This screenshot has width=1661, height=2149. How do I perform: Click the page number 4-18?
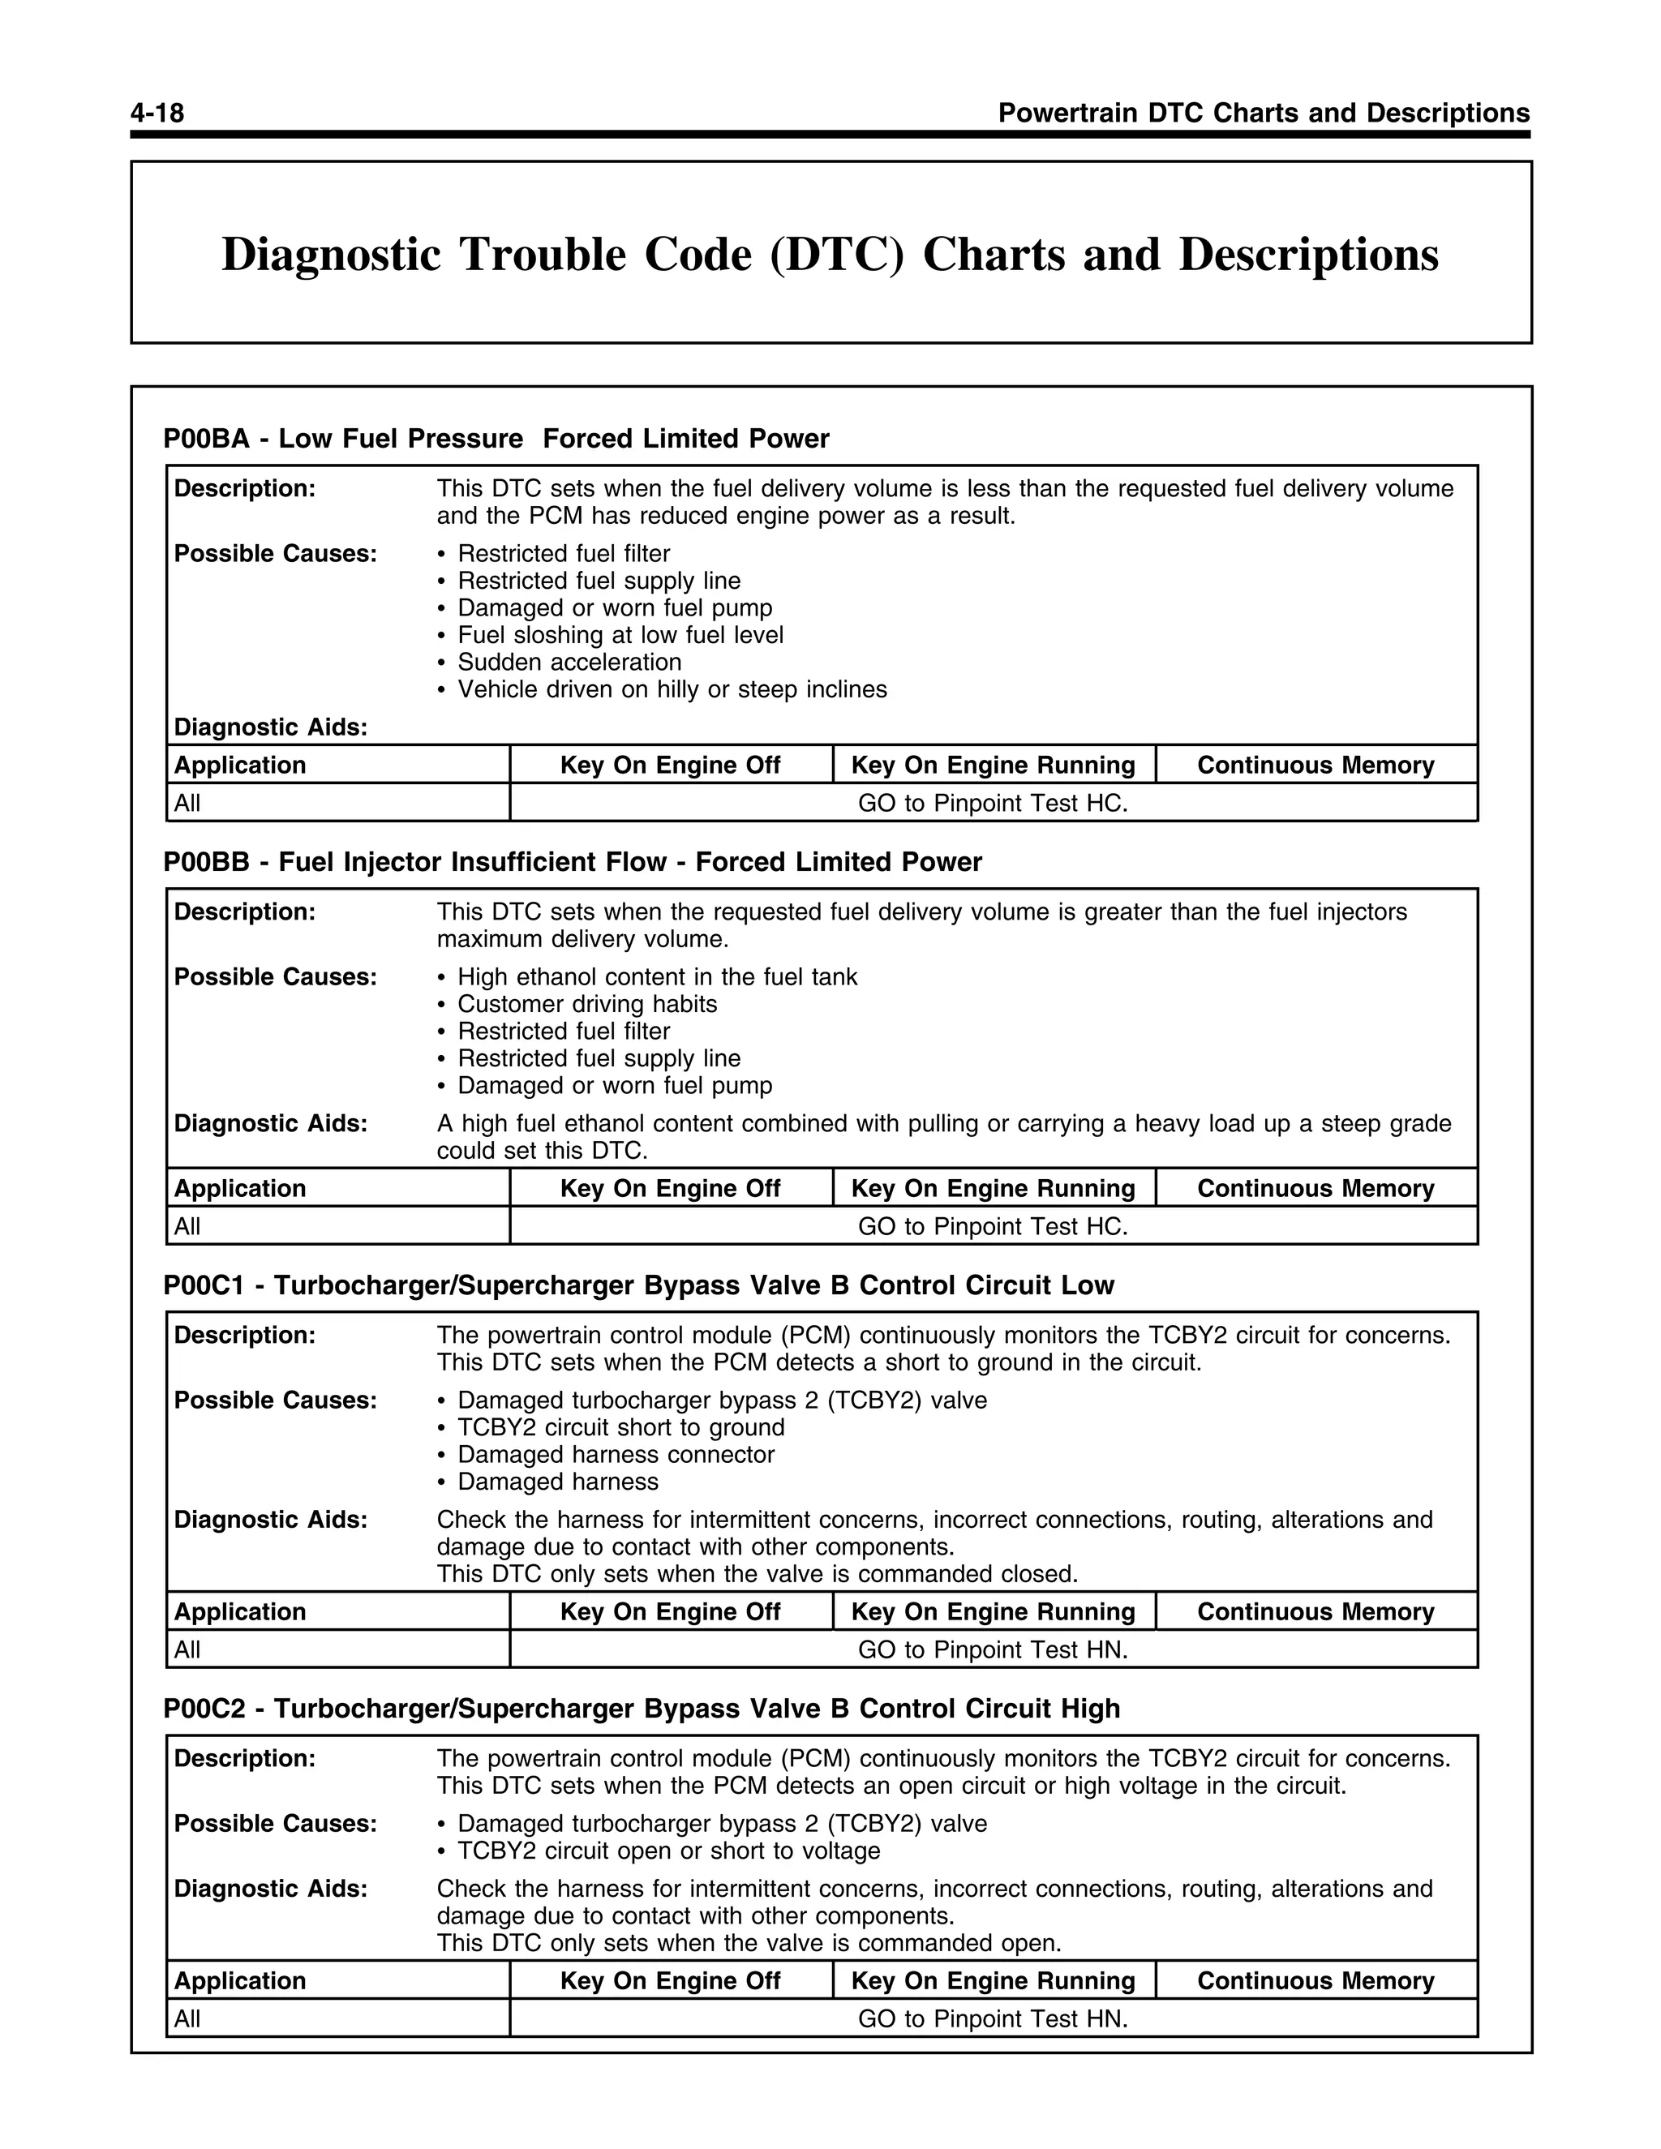(x=157, y=114)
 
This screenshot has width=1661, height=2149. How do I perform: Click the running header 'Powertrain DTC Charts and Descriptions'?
(x=1264, y=114)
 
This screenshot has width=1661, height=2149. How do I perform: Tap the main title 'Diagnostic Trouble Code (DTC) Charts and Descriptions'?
(x=830, y=254)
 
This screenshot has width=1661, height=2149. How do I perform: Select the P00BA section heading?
(x=496, y=438)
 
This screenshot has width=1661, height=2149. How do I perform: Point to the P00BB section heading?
(x=572, y=862)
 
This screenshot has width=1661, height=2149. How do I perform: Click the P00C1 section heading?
(x=638, y=1285)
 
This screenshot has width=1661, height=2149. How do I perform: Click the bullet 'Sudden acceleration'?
(x=569, y=663)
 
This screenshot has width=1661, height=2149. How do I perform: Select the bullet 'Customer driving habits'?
(x=586, y=1004)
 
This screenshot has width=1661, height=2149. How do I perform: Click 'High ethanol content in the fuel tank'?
(x=656, y=977)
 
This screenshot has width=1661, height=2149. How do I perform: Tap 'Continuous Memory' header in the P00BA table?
(x=1315, y=765)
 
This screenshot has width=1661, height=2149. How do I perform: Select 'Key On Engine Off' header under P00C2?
(x=670, y=1981)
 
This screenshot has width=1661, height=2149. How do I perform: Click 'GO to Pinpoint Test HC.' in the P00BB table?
(x=992, y=1226)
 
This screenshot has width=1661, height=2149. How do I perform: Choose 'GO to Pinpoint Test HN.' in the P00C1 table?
(x=992, y=1649)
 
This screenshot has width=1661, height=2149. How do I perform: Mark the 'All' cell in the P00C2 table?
(x=187, y=2019)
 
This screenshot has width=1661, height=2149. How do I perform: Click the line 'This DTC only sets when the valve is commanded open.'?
(x=749, y=1943)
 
